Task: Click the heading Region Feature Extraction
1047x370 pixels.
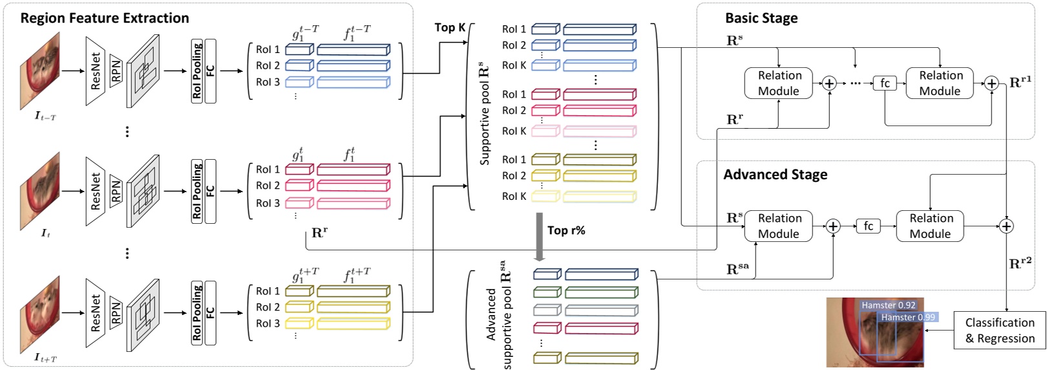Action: (105, 18)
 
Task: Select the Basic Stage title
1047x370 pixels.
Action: (761, 18)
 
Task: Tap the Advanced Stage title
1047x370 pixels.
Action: (775, 175)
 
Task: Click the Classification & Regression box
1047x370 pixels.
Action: (999, 331)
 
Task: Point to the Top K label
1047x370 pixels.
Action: (450, 27)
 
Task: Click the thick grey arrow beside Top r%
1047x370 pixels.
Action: (538, 237)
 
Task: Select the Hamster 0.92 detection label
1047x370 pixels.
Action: (888, 305)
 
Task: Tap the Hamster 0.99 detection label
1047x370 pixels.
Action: (908, 317)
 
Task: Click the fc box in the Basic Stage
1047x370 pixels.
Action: (885, 83)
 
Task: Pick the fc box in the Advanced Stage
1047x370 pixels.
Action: (868, 226)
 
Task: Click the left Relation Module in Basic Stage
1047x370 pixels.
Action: (779, 83)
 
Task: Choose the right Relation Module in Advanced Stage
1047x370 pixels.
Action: (930, 226)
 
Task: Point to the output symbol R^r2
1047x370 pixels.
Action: (1020, 263)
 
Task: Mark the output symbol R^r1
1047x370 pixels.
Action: (1021, 82)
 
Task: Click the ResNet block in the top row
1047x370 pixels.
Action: (96, 71)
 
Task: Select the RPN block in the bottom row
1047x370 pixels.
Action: (116, 314)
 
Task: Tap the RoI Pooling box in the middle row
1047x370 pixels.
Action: (197, 191)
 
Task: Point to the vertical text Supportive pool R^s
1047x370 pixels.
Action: (484, 114)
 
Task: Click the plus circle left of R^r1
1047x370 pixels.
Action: (991, 83)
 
